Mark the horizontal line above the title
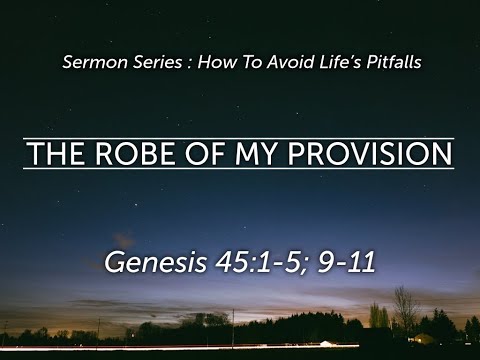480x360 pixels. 240,137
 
